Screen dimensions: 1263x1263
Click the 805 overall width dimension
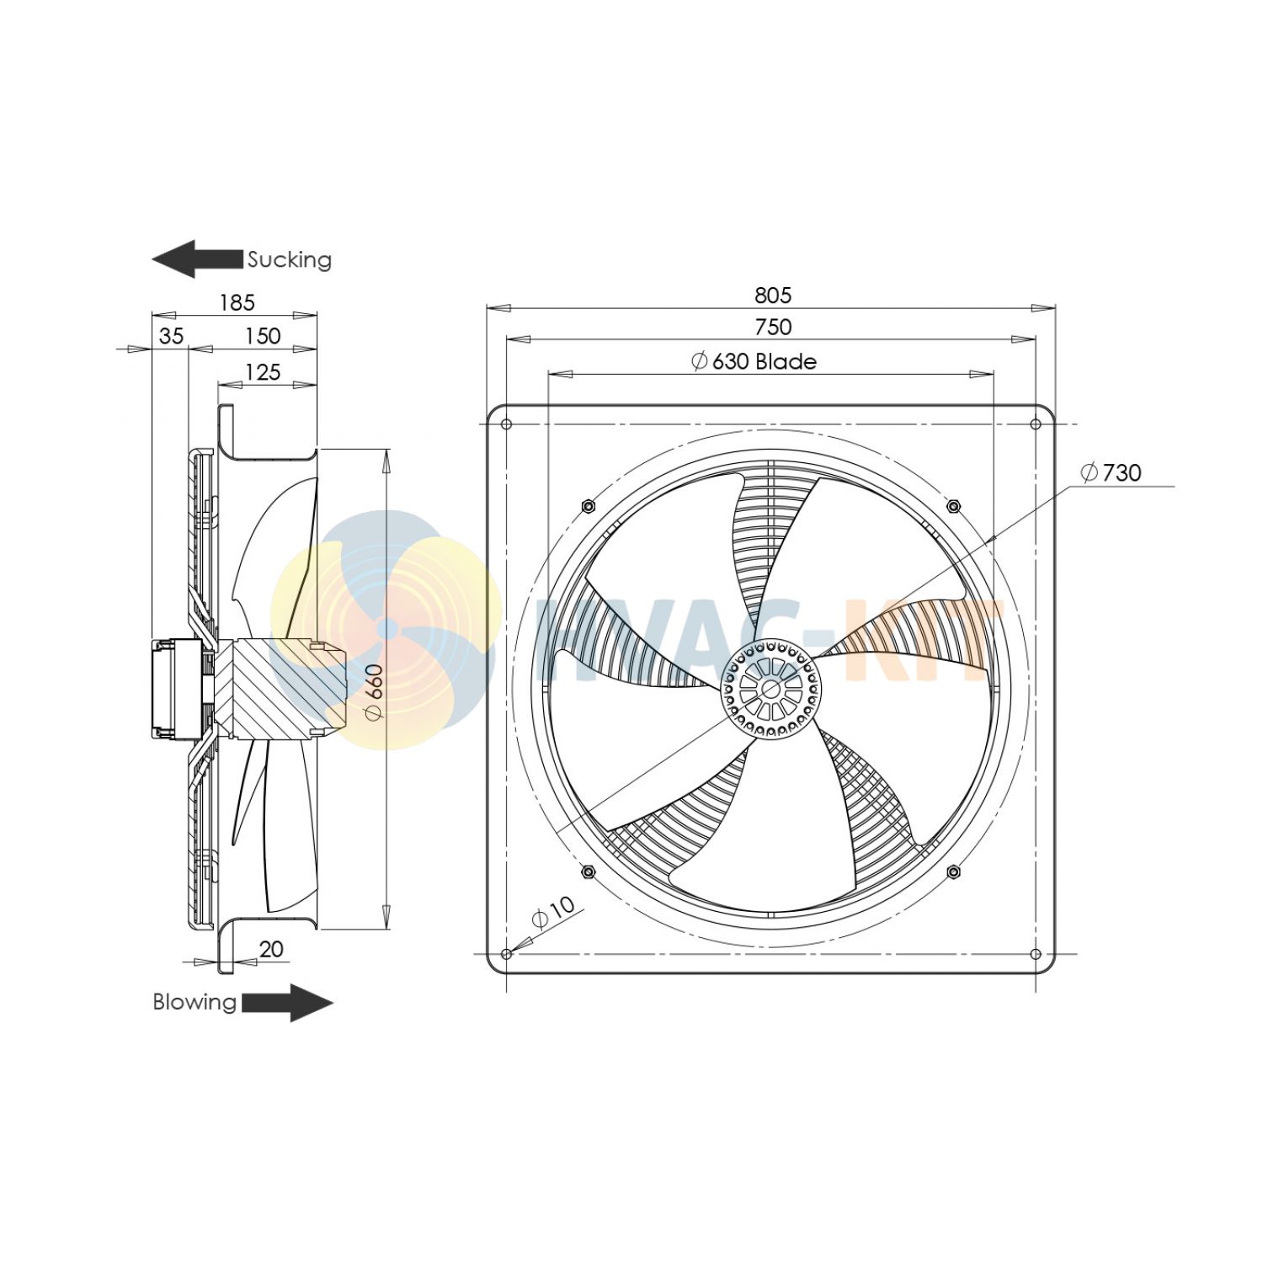click(x=772, y=295)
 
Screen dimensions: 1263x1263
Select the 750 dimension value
click(x=772, y=327)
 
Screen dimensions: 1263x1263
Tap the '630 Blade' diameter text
click(x=754, y=361)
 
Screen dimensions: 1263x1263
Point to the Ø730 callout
click(x=1111, y=472)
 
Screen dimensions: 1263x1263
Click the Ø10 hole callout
click(x=553, y=912)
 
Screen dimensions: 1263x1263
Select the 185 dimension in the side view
click(x=237, y=302)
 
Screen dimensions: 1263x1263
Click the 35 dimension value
click(x=171, y=336)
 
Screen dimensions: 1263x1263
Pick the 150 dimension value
click(x=262, y=336)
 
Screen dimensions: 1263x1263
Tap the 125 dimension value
click(x=262, y=371)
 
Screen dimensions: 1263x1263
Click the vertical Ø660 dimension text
click(x=375, y=691)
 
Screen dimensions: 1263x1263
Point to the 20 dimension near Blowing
click(x=270, y=949)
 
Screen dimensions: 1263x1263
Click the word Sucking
click(x=289, y=259)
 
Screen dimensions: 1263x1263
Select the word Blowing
click(x=195, y=1002)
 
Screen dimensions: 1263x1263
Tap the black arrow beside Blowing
click(x=287, y=1003)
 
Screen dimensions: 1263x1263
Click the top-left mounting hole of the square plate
click(x=507, y=424)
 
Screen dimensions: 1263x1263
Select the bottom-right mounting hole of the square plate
click(x=1036, y=954)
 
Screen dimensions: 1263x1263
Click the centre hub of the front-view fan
click(x=770, y=688)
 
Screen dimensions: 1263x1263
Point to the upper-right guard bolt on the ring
click(x=953, y=506)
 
